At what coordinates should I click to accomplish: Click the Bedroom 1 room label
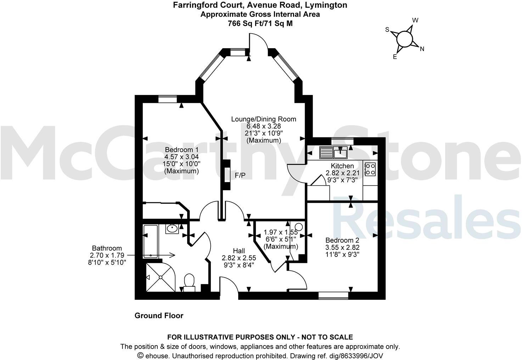[181, 150]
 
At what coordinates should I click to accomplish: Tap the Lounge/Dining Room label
[263, 119]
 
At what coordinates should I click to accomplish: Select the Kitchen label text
[342, 166]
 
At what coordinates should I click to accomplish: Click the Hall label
[239, 251]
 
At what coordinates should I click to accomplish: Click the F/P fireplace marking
[240, 175]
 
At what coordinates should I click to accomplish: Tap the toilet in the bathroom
[189, 282]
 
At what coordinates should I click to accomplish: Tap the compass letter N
[422, 49]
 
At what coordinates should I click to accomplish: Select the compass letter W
[415, 20]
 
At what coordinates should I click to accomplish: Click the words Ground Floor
[159, 315]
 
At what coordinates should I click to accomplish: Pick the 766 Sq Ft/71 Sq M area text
[260, 23]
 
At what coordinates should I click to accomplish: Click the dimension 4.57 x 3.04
[181, 157]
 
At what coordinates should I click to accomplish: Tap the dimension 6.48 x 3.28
[264, 126]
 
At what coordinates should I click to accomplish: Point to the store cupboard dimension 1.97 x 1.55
[281, 232]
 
